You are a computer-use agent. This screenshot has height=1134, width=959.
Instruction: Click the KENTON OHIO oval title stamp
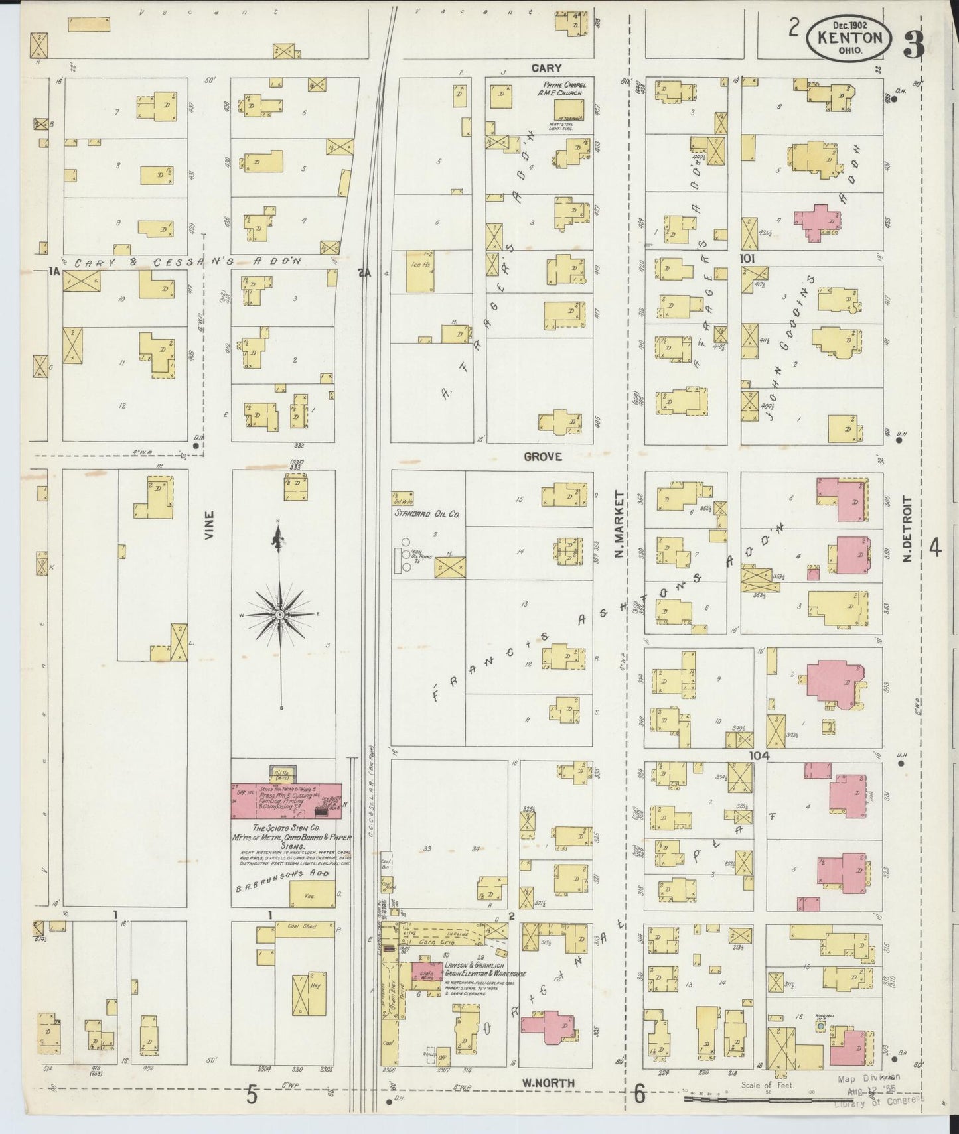point(849,40)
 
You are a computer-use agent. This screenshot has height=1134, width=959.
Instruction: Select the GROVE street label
point(543,456)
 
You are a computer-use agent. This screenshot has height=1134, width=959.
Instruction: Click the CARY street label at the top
point(546,68)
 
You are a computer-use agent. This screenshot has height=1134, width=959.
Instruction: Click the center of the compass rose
point(279,615)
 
